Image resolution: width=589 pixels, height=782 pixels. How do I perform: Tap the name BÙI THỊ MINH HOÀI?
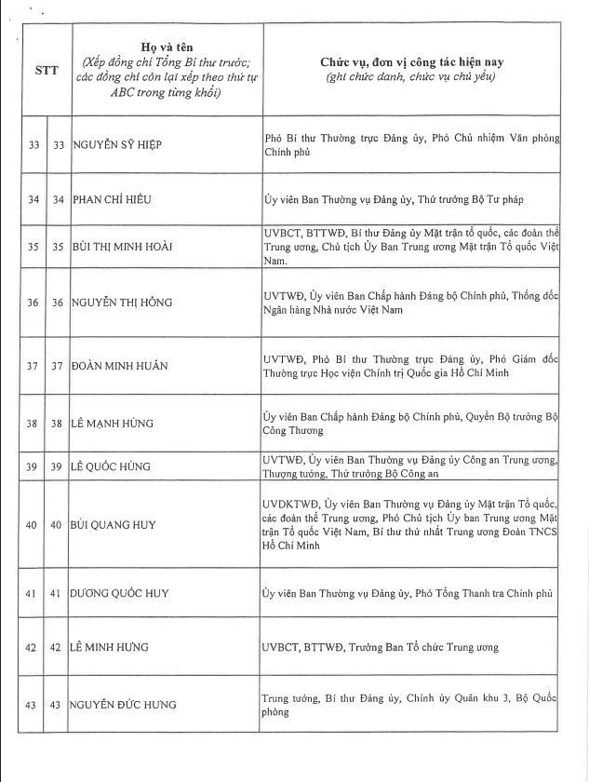[x=122, y=247]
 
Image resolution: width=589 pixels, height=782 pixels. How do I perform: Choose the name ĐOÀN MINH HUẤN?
[x=119, y=366]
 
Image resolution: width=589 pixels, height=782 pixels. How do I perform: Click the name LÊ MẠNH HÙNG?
[x=113, y=424]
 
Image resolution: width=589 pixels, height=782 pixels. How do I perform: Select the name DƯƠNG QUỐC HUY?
[x=119, y=593]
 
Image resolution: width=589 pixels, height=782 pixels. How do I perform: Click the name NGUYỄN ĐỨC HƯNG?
[x=123, y=705]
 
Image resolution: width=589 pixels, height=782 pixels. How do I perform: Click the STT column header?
[x=47, y=70]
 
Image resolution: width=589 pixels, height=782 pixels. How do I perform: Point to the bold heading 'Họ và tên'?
[x=165, y=47]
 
